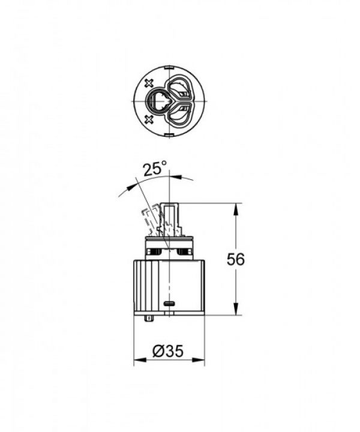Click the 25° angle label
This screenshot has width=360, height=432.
tap(154, 169)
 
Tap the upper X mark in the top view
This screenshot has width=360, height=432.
tap(149, 82)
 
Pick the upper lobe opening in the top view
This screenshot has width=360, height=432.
tap(181, 88)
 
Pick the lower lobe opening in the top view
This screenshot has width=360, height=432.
tap(181, 114)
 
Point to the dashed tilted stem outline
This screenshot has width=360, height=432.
tap(148, 221)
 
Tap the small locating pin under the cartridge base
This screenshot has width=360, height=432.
tap(148, 318)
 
